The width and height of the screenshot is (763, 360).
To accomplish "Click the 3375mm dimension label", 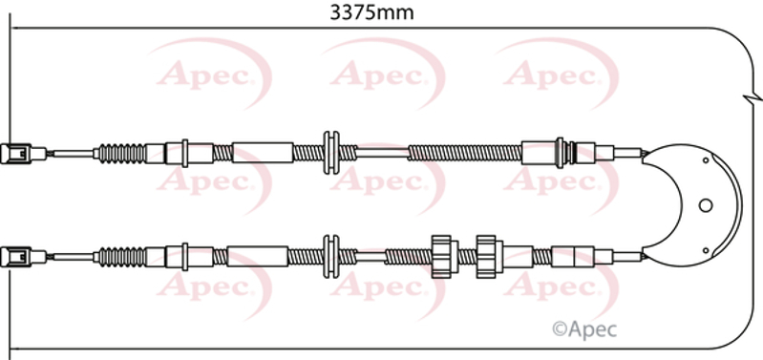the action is (x=371, y=12).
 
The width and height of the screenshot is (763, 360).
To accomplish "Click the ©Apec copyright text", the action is (x=583, y=329).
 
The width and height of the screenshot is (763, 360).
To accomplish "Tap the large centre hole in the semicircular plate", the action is (x=705, y=205).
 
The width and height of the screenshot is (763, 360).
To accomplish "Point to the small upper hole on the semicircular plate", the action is (x=705, y=160).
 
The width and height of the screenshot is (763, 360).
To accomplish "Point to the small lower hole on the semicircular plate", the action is (x=705, y=250).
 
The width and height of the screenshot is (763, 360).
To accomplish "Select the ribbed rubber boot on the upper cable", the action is (x=119, y=154).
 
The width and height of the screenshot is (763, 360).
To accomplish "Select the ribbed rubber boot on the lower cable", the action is (x=119, y=257).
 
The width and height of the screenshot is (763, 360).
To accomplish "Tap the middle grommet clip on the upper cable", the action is (x=331, y=153).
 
